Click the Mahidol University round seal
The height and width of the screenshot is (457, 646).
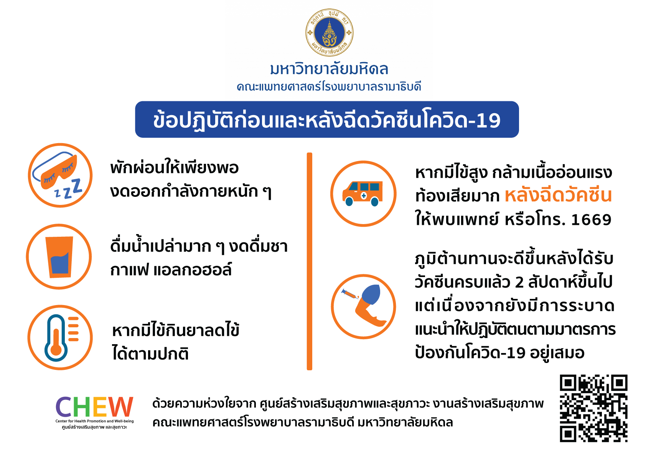330,32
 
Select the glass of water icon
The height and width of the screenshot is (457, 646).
59,256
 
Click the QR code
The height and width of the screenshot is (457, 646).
593,408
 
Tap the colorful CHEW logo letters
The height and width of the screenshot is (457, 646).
94,406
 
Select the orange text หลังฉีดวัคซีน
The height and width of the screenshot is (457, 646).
558,195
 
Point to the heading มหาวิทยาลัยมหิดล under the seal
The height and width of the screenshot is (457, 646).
329,69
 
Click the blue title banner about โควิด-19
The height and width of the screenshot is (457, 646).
327,119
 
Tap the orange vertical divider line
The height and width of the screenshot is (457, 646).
310,261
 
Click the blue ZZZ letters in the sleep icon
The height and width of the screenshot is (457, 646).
69,189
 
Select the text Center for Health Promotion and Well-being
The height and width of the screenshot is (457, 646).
95,421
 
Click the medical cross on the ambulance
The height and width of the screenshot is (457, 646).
364,196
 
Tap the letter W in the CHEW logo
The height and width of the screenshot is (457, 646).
121,406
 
